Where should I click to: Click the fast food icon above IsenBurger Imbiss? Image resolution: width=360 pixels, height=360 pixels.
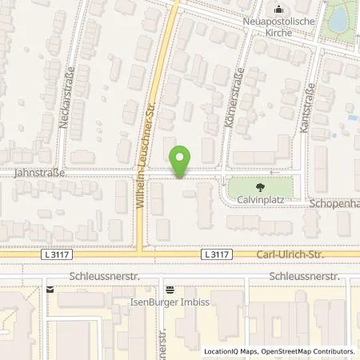tap(169, 290)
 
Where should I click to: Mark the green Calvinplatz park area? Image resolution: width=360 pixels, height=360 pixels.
tap(272, 188)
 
